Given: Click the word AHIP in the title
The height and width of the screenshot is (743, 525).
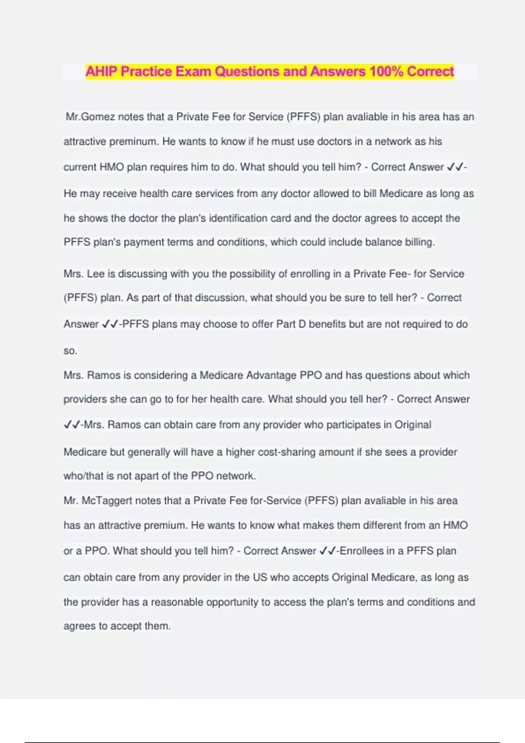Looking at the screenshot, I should point(101,71).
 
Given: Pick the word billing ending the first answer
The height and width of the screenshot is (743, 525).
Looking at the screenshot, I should point(420,242).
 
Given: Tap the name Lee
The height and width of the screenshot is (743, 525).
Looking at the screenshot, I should point(95,274).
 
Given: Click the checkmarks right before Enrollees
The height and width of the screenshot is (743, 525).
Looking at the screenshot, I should point(328,551).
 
